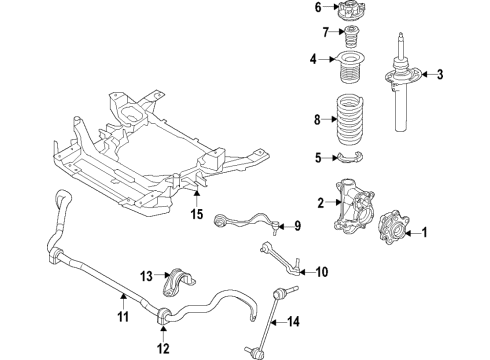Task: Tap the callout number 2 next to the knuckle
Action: tap(321, 204)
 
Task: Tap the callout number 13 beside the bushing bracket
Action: tap(145, 276)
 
